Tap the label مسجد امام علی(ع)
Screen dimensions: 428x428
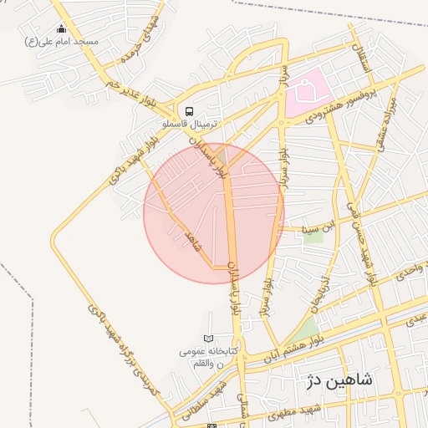62,41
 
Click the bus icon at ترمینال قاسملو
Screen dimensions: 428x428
189,110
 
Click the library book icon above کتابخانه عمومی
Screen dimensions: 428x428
208,339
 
